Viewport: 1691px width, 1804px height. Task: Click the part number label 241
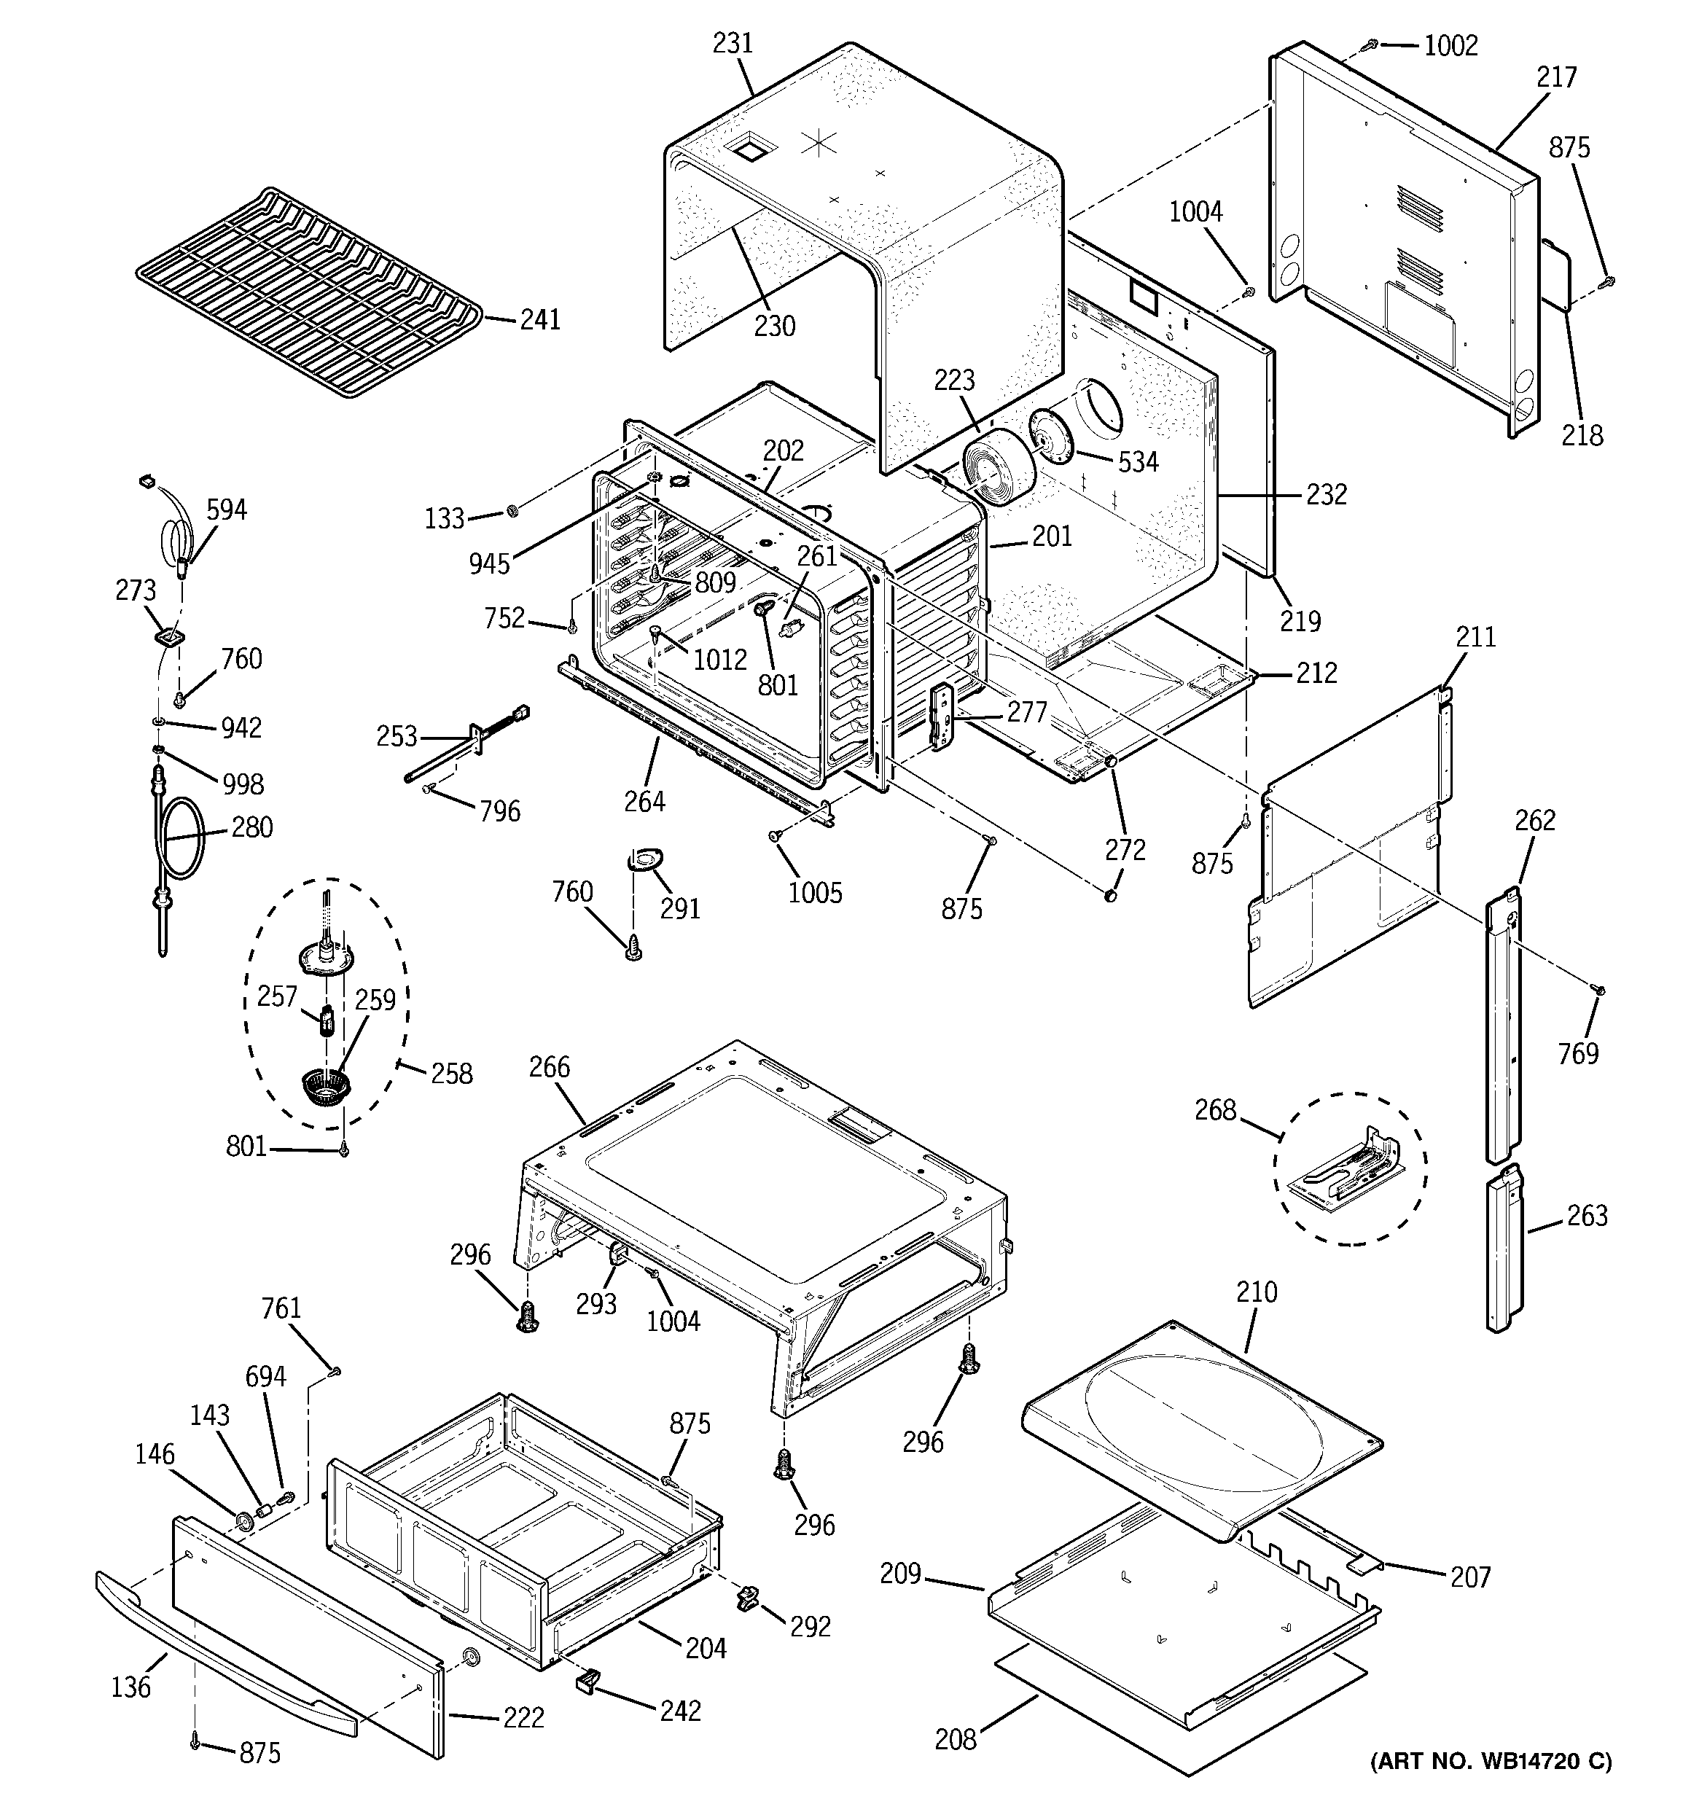[540, 319]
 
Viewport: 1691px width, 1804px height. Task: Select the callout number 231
[733, 44]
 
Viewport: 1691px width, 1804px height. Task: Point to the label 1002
[1450, 45]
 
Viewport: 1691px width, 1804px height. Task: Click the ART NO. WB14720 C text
[1491, 1761]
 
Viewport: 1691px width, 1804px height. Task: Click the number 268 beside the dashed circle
[1215, 1110]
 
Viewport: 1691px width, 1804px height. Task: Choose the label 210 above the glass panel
[1256, 1292]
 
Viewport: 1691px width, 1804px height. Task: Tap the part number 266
[550, 1066]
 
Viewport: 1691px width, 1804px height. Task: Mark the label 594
[226, 510]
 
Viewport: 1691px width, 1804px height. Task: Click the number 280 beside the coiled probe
[251, 827]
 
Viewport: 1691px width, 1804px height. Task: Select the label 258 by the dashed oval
[452, 1074]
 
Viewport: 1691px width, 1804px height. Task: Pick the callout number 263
[1587, 1215]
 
